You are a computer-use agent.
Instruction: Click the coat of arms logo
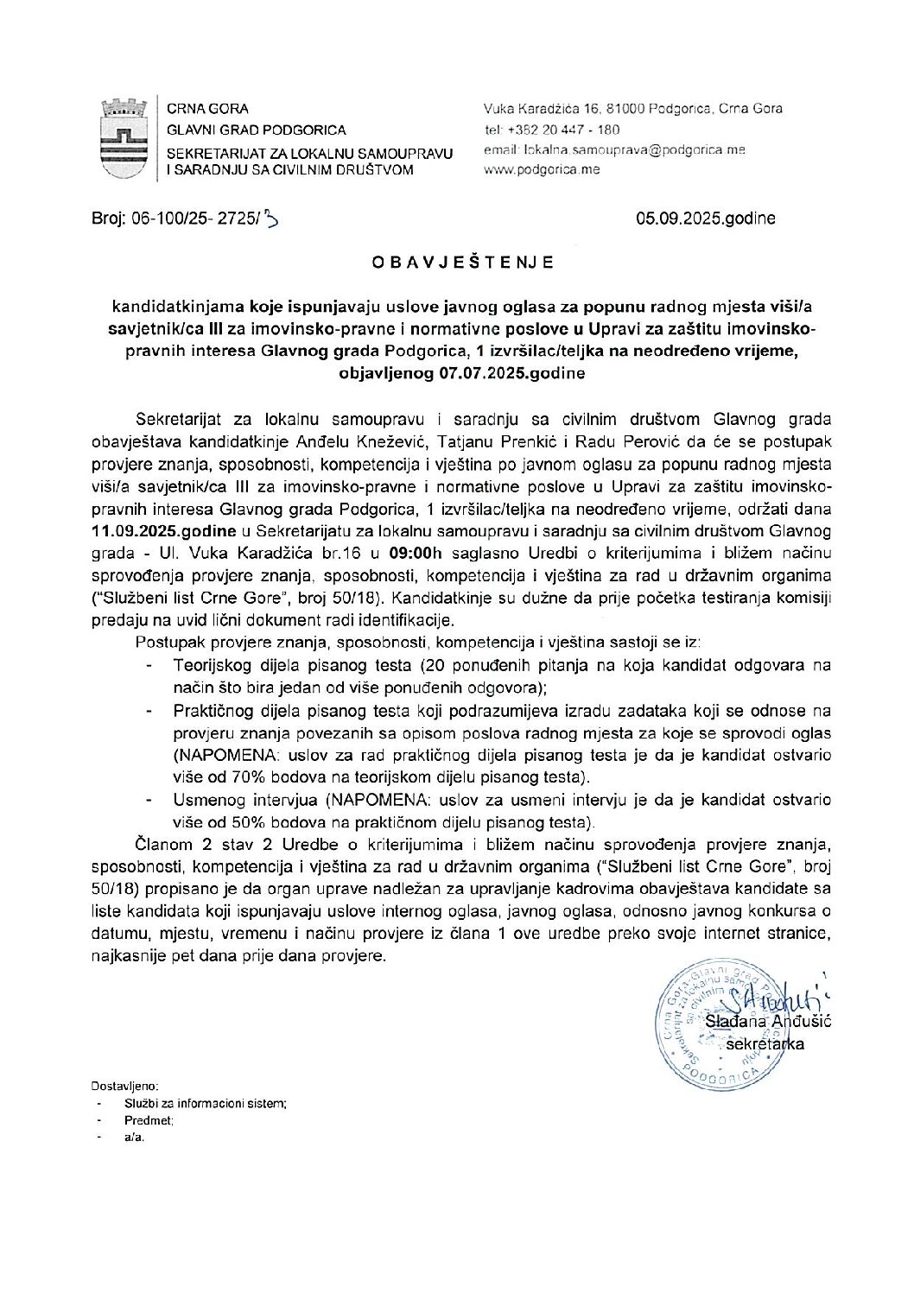point(125,138)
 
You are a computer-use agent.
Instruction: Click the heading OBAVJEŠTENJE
point(457,263)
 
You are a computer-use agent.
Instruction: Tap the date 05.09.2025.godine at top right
point(705,219)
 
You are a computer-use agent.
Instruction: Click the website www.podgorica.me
point(542,169)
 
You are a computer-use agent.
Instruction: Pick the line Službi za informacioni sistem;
point(206,1103)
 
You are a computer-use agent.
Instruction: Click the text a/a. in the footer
point(135,1138)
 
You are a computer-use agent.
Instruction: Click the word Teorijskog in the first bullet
point(209,666)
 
